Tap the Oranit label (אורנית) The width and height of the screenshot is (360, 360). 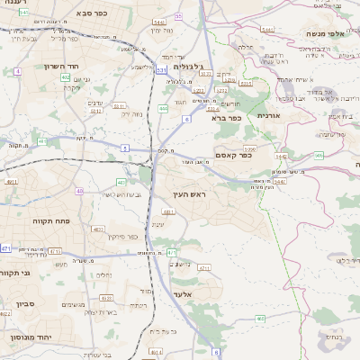pos(268,115)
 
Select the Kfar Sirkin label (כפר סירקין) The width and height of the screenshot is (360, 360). pos(119,237)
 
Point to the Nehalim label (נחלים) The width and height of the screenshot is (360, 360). pos(104,274)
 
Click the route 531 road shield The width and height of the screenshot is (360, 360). pos(161,68)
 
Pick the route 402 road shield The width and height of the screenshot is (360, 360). pos(66,77)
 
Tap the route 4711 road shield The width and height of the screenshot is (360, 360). pos(55,251)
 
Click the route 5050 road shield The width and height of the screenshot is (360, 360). pos(249,148)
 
